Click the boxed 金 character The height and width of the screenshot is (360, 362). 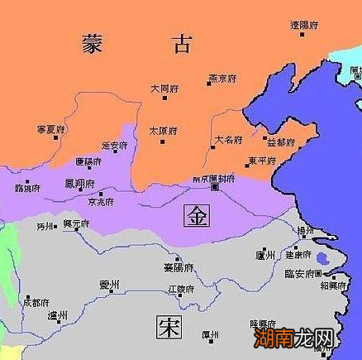pyautogui.click(x=198, y=215)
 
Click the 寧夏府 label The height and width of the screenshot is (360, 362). pyautogui.click(x=51, y=130)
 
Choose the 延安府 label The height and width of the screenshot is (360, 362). pyautogui.click(x=115, y=146)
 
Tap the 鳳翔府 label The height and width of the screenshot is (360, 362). pyautogui.click(x=79, y=183)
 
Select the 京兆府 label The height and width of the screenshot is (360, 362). pyautogui.click(x=101, y=202)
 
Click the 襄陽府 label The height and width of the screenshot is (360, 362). pyautogui.click(x=178, y=267)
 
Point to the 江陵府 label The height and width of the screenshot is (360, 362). pyautogui.click(x=179, y=290)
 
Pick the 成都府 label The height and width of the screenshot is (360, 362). pyautogui.click(x=36, y=303)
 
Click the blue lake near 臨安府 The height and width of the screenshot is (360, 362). pyautogui.click(x=320, y=261)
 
